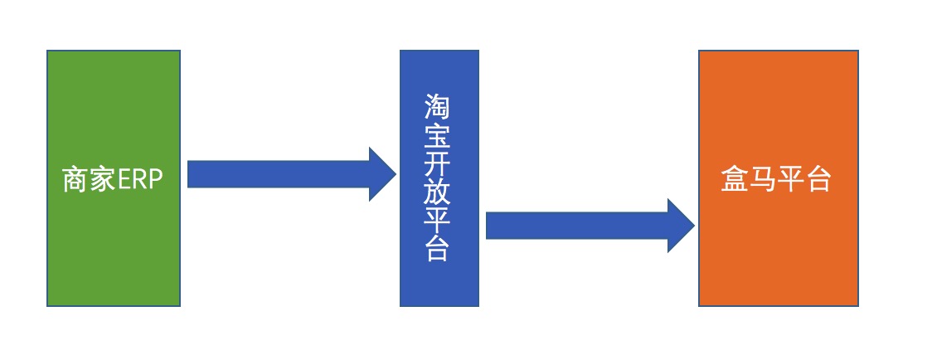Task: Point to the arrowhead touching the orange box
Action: click(x=681, y=225)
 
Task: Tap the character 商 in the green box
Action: click(x=75, y=180)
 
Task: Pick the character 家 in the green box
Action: click(x=102, y=180)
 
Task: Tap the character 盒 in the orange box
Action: click(x=735, y=180)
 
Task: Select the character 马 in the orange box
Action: click(x=763, y=180)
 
